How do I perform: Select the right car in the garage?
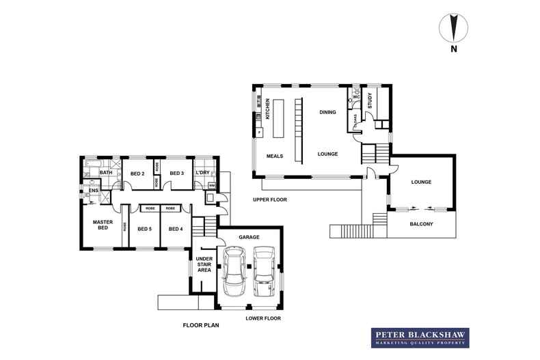click(x=264, y=268)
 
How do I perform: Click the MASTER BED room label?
click(x=103, y=225)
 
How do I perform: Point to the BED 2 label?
click(x=137, y=174)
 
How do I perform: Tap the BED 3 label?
click(x=176, y=174)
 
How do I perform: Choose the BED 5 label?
click(x=144, y=229)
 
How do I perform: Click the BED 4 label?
click(x=175, y=229)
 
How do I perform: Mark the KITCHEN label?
click(x=268, y=109)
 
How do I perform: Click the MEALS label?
click(x=275, y=156)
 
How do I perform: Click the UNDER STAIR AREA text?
click(x=204, y=264)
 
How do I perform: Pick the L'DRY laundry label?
click(x=202, y=174)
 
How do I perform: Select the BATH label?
click(x=105, y=173)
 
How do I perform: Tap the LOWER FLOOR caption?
click(x=263, y=318)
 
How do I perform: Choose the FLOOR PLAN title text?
click(x=200, y=326)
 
